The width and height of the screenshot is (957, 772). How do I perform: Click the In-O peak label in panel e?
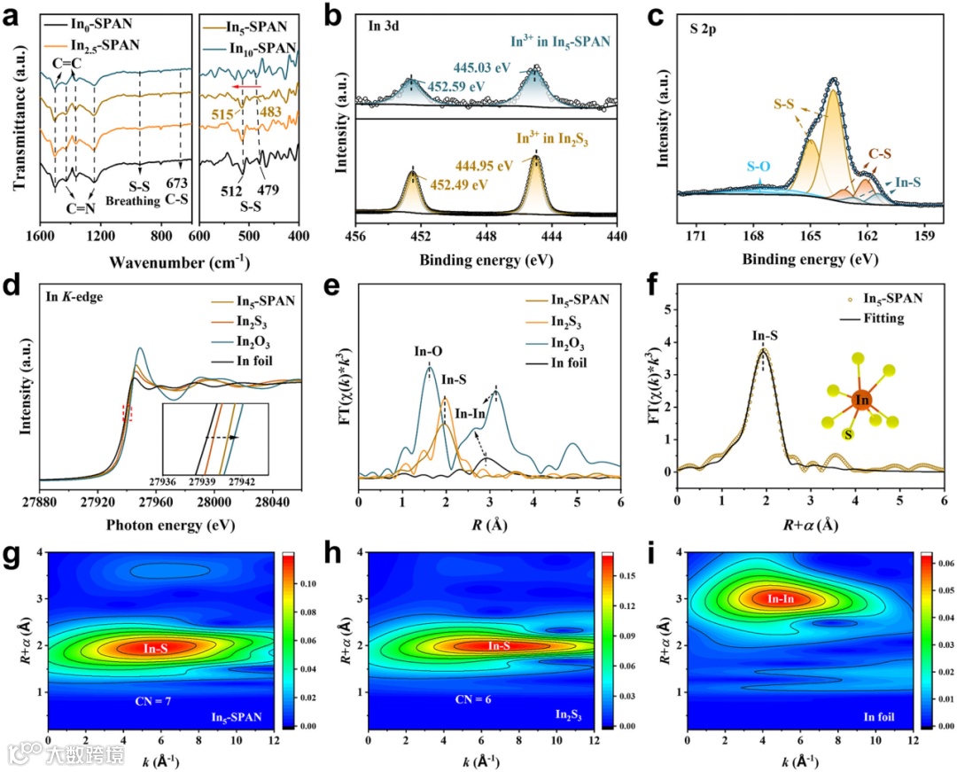[428, 352]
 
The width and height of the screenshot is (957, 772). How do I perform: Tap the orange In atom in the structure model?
[861, 402]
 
